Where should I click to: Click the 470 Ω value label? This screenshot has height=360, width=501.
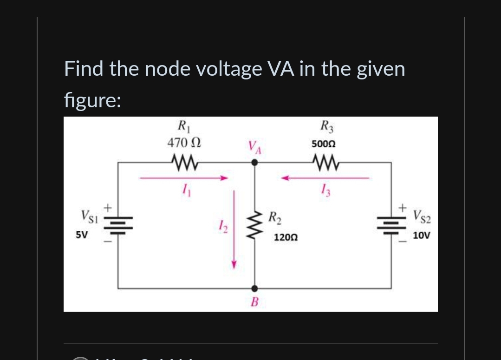pyautogui.click(x=184, y=144)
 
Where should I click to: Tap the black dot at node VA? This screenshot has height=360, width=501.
pyautogui.click(x=254, y=163)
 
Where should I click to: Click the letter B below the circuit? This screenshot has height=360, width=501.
pyautogui.click(x=254, y=302)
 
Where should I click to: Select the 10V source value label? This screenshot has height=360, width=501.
pyautogui.click(x=422, y=236)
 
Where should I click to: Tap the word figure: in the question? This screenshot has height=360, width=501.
pyautogui.click(x=92, y=100)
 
